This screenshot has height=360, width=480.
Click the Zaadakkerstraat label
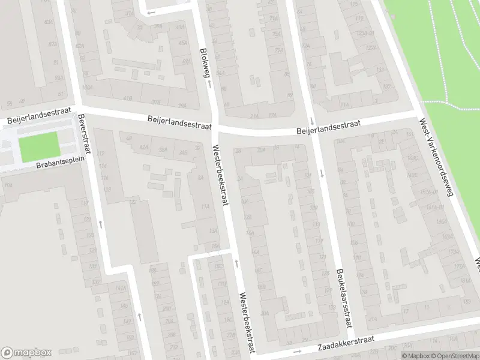(341, 343)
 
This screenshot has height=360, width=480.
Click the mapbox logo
(26, 352)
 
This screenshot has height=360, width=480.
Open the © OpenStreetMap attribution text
(451, 356)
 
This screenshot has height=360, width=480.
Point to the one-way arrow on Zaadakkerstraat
(296, 351)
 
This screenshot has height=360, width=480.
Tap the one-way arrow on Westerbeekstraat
(236, 262)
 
